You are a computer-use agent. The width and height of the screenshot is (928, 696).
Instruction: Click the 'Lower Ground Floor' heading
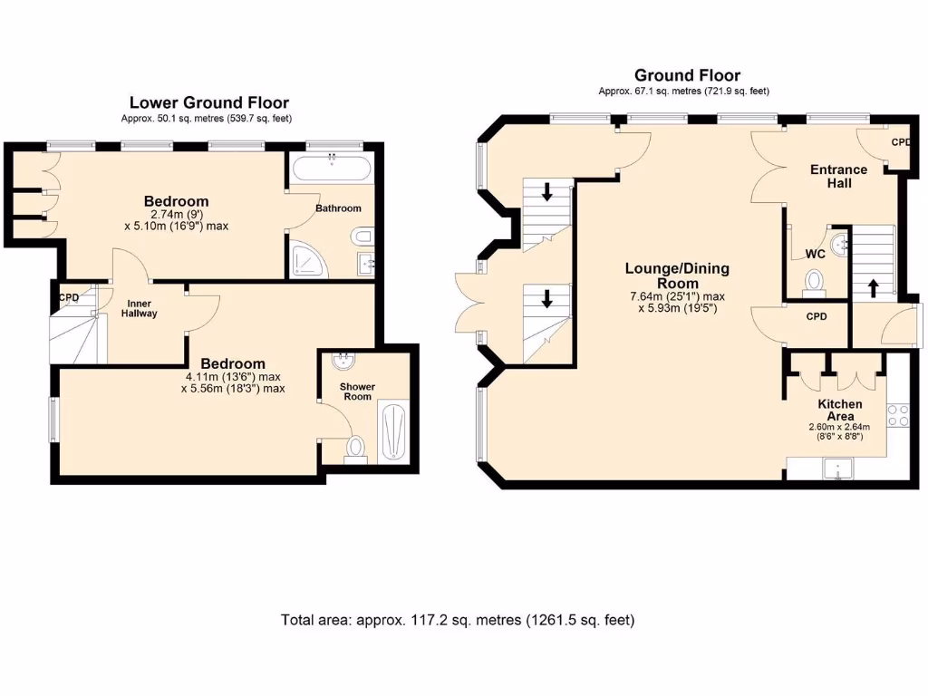209,102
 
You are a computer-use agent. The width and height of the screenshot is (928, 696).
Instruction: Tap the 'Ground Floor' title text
687,75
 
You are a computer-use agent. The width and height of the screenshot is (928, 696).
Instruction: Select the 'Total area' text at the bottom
458,621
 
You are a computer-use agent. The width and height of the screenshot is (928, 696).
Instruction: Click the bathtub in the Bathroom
332,169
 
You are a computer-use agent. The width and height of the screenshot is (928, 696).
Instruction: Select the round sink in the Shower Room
343,362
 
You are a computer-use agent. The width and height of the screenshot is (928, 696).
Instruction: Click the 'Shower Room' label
357,391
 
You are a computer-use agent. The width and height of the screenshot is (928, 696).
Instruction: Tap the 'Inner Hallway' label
140,307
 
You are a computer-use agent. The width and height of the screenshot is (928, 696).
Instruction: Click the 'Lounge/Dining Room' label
676,276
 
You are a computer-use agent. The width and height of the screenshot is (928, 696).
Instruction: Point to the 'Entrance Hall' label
838,176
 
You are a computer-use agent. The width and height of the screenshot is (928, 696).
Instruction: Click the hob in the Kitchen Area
898,416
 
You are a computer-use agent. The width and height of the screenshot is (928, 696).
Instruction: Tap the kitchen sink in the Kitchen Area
838,469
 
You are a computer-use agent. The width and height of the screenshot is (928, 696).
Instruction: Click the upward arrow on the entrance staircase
874,288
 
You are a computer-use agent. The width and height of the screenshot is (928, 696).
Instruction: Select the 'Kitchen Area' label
839,410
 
